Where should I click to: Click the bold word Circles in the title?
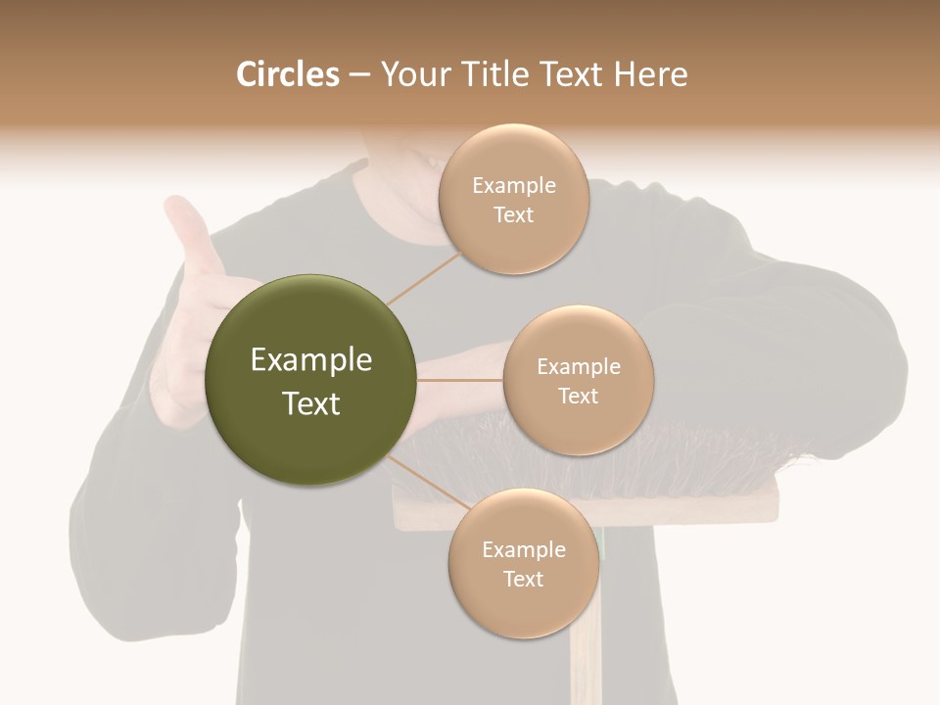pos(287,74)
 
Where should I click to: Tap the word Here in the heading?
pos(651,74)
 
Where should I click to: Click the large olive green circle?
pos(311,380)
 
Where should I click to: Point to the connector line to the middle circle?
pos(460,379)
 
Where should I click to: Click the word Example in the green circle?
pos(311,360)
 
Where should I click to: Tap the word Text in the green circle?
pos(311,403)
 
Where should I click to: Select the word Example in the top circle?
pos(513,185)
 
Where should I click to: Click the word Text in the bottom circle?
pos(523,579)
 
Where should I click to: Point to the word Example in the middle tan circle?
pos(578,366)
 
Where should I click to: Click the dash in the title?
pos(358,75)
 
